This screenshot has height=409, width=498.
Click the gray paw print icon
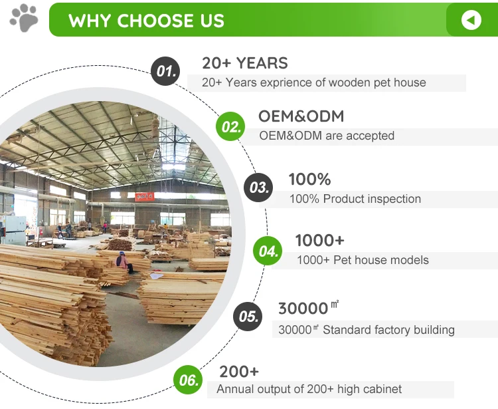click(x=24, y=18)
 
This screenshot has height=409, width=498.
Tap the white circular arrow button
click(x=471, y=20)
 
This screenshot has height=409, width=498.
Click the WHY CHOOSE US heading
click(x=146, y=21)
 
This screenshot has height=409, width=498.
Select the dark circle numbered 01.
click(x=165, y=71)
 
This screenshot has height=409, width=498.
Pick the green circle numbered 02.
click(x=230, y=126)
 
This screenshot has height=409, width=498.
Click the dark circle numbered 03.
click(x=258, y=188)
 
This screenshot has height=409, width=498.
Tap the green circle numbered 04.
click(x=268, y=251)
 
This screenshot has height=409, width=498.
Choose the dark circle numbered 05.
click(x=248, y=316)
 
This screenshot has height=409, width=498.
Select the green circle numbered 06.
click(x=189, y=380)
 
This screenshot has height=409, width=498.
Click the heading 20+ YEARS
click(x=245, y=63)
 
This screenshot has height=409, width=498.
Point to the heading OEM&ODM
click(x=301, y=116)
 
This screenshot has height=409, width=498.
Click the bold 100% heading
click(x=309, y=179)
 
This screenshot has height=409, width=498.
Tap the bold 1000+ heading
click(x=319, y=240)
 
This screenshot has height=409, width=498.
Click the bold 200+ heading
click(x=239, y=371)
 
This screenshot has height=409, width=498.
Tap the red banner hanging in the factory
click(x=145, y=197)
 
